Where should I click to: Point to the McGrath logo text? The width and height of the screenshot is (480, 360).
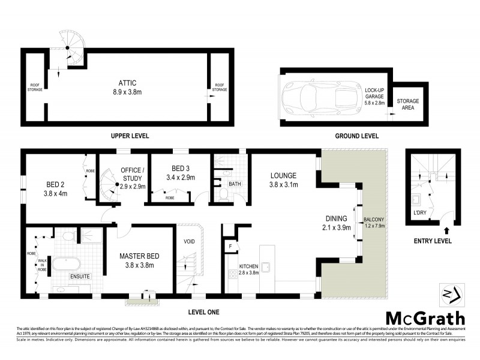pyautogui.click(x=424, y=318)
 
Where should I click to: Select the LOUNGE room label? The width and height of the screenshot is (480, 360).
pyautogui.click(x=284, y=176)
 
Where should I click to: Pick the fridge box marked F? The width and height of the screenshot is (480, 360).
pyautogui.click(x=230, y=245)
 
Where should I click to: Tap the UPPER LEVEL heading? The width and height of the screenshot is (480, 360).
pyautogui.click(x=130, y=136)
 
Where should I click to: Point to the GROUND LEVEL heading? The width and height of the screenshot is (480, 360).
pyautogui.click(x=356, y=136)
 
